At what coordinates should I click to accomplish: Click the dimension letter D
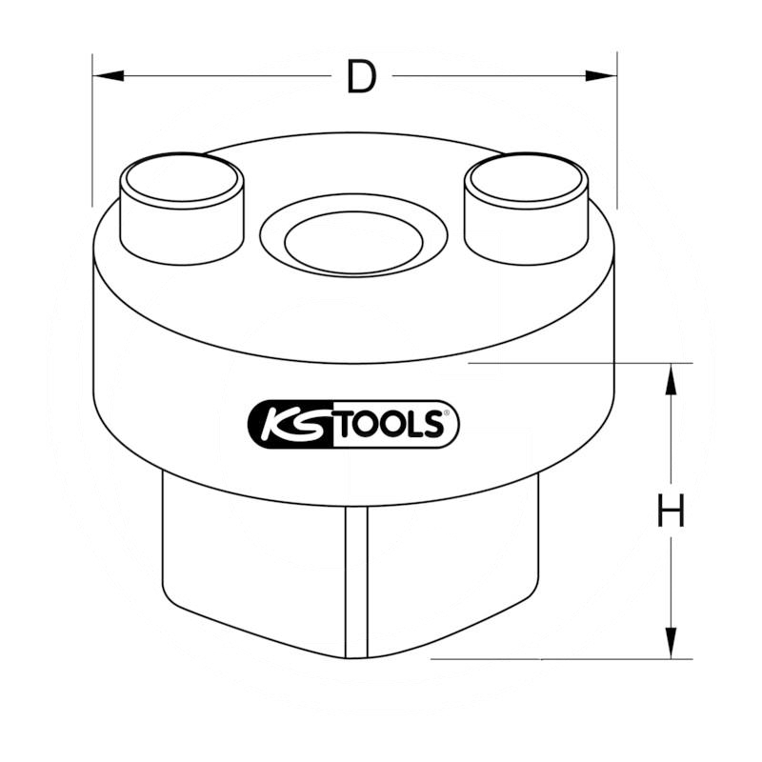(362, 76)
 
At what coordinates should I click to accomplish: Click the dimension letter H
(671, 510)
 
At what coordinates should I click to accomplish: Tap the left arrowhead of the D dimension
(108, 76)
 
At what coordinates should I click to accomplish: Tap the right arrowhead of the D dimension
(601, 76)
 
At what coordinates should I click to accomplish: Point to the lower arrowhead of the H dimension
(671, 643)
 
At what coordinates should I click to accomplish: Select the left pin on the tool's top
(182, 209)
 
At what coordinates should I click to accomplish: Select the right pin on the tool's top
(527, 209)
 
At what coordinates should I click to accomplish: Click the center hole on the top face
(353, 242)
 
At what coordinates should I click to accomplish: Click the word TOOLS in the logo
(391, 424)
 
